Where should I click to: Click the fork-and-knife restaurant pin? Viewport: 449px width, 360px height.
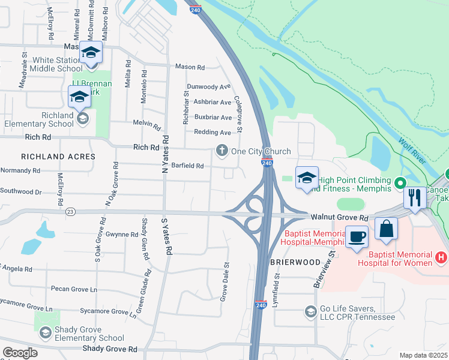[415, 197]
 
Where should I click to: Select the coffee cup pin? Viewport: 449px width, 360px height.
[357, 236]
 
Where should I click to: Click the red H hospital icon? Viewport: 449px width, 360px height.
[442, 257]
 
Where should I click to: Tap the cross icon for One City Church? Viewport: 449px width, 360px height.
[222, 151]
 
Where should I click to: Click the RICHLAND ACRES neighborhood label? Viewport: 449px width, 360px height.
[58, 156]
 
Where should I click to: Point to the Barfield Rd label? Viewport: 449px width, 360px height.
[187, 166]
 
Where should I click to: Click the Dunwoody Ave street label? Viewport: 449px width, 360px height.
[208, 86]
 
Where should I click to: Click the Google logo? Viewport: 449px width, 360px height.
[20, 353]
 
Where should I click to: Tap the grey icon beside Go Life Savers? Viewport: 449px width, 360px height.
[310, 311]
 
